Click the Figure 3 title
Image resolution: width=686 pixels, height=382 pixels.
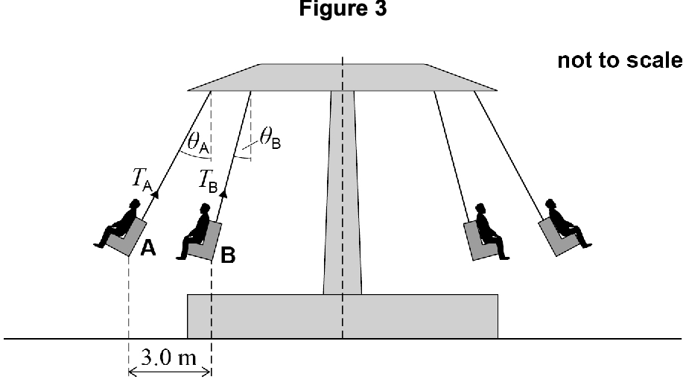343,8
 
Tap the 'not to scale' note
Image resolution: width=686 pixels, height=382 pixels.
620,60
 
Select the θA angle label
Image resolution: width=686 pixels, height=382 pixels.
198,143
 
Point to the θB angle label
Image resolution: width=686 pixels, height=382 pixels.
270,139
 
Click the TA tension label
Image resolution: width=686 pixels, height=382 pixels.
142,180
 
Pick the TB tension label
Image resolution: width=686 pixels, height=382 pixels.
208,181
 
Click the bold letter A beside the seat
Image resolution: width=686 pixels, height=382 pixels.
148,248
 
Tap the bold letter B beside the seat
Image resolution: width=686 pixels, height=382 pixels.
228,255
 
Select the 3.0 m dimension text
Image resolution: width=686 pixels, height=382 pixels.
169,357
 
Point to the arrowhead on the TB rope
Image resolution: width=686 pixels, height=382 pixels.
223,194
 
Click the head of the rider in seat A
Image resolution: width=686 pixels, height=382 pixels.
135,205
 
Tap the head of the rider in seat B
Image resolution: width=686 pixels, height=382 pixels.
205,208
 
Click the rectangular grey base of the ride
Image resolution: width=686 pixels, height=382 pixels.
343,316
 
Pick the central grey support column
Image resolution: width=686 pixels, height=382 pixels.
343,193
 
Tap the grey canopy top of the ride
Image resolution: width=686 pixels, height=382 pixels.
343,77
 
